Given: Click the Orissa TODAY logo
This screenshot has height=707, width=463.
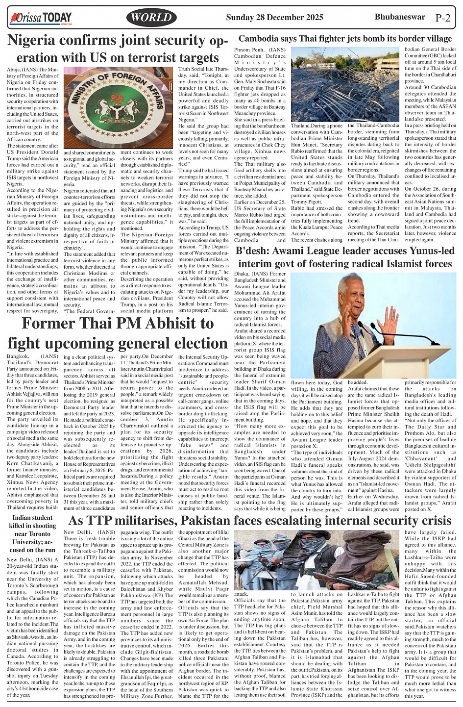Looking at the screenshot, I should pyautogui.click(x=41, y=19).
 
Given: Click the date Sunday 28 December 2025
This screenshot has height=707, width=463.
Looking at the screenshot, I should pyautogui.click(x=274, y=18).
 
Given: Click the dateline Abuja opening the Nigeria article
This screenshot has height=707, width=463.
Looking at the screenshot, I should pyautogui.click(x=14, y=70).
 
